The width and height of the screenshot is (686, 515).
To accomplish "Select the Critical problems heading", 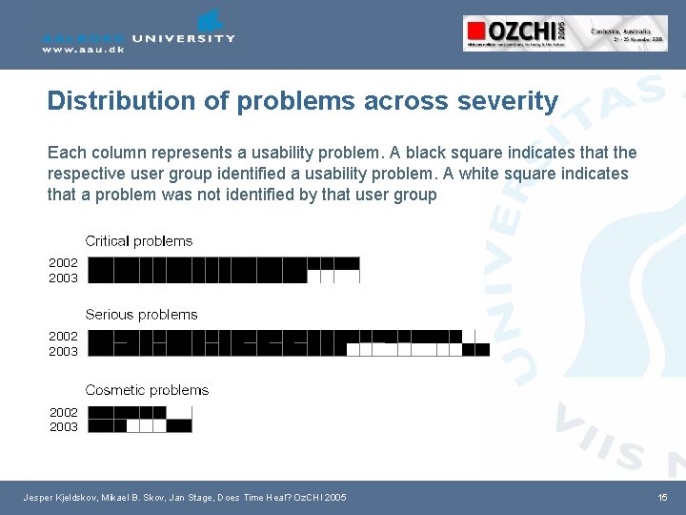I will click(x=139, y=241).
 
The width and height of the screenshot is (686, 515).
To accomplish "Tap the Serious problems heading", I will click(x=141, y=315).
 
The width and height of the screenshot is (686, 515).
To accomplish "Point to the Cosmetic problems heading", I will click(x=147, y=390).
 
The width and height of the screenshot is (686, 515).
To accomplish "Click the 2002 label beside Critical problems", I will click(x=64, y=262).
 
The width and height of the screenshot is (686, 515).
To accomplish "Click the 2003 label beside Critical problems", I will click(x=64, y=278).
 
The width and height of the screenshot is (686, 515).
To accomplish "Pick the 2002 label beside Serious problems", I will click(x=64, y=336).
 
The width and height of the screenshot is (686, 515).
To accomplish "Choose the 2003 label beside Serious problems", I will click(x=64, y=351).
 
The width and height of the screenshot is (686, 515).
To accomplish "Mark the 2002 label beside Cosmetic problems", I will click(x=64, y=412).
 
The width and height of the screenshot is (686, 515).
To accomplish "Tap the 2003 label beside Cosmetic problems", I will click(x=64, y=426).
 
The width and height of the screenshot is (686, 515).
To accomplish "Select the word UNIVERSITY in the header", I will click(x=184, y=38).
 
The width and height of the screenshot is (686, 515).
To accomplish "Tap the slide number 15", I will click(x=663, y=498).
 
